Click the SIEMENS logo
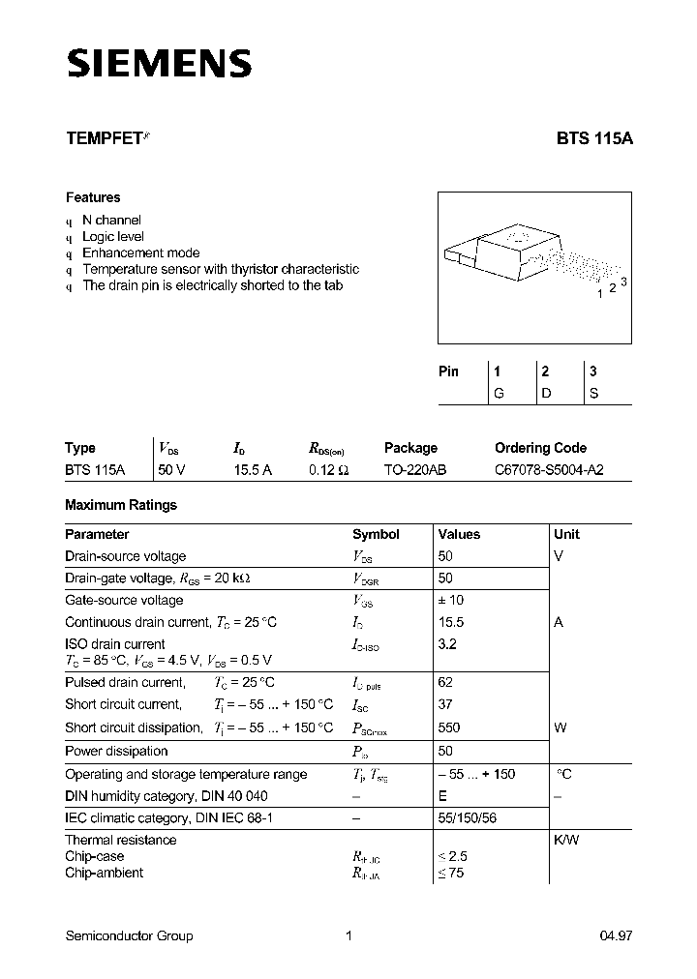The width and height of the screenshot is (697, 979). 159,64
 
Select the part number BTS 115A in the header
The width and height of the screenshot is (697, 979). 593,138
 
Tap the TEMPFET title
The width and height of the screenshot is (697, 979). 103,138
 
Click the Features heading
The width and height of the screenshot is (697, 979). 93,197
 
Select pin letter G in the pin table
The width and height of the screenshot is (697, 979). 499,394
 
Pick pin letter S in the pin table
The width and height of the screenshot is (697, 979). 593,394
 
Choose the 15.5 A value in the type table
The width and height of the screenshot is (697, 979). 252,470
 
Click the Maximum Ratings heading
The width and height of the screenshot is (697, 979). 121,505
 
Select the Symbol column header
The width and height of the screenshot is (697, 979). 376,534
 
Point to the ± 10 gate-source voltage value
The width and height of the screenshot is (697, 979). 451,601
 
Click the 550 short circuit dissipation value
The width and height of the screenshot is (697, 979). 449,727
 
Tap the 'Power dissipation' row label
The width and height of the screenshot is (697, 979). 116,752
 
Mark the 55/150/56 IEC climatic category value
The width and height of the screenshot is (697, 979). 469,818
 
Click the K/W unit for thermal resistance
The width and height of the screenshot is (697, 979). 566,840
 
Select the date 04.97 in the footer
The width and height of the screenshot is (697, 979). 616,935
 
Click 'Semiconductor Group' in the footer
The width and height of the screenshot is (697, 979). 129,935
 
